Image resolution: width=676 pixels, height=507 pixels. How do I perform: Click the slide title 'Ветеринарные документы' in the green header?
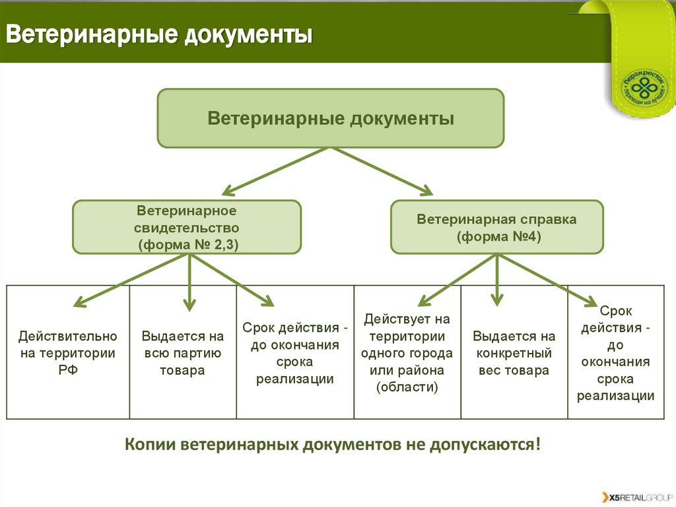(x=159, y=34)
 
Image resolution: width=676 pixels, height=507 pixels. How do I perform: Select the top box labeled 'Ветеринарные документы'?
(x=330, y=118)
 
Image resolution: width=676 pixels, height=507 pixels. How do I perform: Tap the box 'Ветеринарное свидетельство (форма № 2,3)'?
(x=187, y=227)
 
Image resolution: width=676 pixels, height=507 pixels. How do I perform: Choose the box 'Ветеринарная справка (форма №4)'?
(x=496, y=227)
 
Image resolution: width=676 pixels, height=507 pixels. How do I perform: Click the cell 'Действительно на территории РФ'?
(x=68, y=353)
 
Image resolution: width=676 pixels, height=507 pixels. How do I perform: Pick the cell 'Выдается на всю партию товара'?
(x=183, y=353)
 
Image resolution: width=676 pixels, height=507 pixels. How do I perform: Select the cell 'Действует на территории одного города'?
(x=407, y=353)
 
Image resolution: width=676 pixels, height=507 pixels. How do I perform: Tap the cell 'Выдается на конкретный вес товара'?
(x=514, y=353)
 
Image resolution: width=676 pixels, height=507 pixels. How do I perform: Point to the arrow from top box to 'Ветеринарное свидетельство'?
(x=274, y=171)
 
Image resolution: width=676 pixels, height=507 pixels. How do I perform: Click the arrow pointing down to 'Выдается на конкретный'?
(x=498, y=282)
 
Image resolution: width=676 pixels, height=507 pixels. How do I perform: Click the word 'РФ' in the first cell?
(x=67, y=370)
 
